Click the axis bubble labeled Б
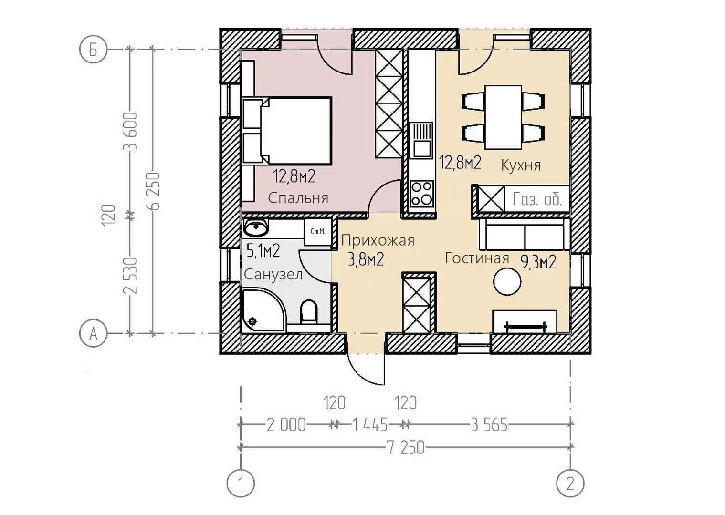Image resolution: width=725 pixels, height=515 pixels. (x=93, y=50)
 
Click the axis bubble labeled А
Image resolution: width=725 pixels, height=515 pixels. (x=93, y=333)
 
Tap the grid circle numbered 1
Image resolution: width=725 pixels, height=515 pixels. (x=241, y=484)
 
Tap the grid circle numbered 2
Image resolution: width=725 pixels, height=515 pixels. (x=570, y=484)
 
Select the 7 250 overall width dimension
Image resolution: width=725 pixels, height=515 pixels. (x=405, y=448)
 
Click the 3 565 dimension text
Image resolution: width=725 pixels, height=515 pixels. (x=489, y=425)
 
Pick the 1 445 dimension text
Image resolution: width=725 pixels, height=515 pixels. (x=369, y=425)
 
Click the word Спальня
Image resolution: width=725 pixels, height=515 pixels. (x=298, y=198)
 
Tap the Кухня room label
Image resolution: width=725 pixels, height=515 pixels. (x=521, y=165)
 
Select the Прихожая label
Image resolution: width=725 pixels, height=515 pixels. (x=378, y=241)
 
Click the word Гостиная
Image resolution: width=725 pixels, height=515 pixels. (x=477, y=258)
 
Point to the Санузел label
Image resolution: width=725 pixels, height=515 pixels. (x=273, y=275)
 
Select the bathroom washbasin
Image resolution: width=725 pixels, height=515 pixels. (x=256, y=227)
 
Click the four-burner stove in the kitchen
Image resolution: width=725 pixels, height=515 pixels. (x=422, y=195)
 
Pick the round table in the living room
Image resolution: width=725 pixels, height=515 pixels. (x=507, y=282)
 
